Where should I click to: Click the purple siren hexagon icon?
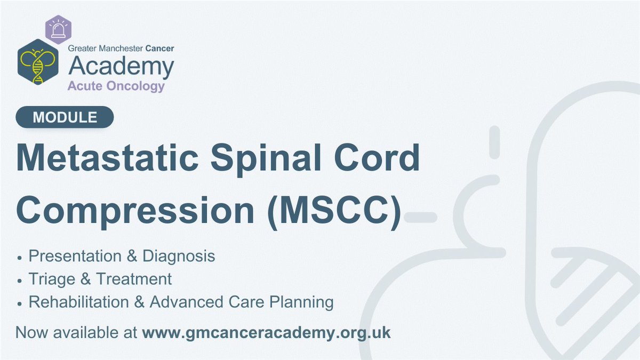[58, 29]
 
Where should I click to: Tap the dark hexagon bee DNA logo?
[38, 62]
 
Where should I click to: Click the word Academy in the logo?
[121, 67]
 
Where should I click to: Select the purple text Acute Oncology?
[116, 86]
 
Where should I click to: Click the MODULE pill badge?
[65, 117]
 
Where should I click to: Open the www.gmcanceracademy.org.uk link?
[267, 332]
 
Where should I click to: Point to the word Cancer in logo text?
[159, 49]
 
